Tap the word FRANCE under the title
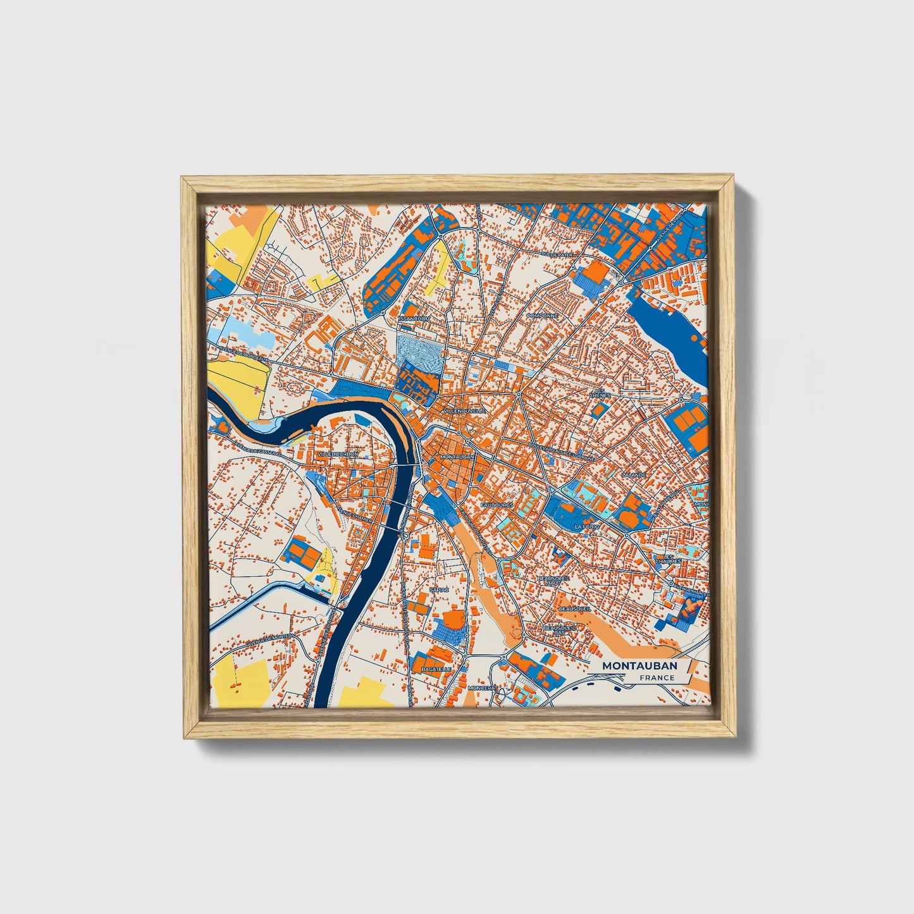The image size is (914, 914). [x=656, y=678]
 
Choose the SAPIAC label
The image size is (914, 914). [x=438, y=589]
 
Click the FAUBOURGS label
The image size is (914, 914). [x=497, y=505]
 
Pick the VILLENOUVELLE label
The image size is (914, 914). [x=465, y=411]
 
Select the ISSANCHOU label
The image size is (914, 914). [x=414, y=319]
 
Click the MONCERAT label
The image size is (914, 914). [x=483, y=688]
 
